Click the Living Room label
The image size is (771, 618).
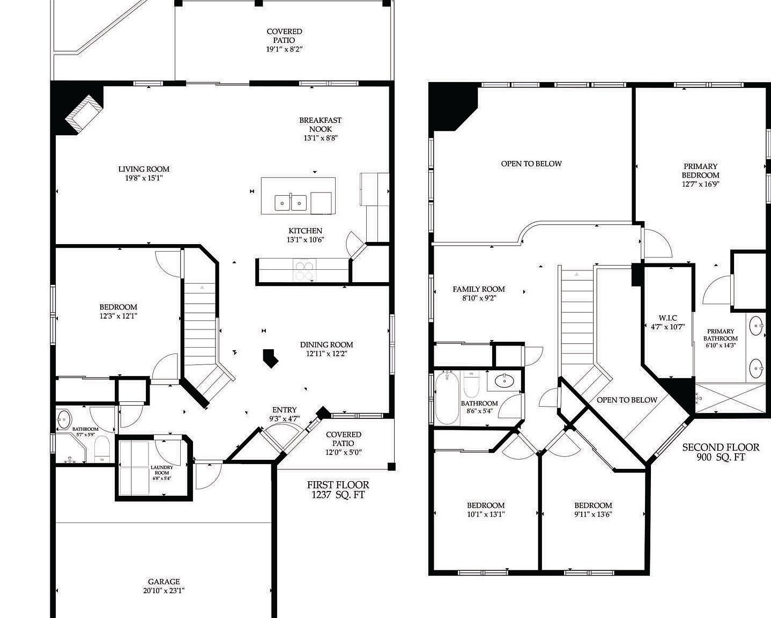(144, 170)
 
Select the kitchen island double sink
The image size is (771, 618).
(291, 203)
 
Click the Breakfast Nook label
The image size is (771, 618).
(320, 124)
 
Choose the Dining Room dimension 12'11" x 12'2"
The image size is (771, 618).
(327, 354)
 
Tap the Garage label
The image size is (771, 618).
(164, 582)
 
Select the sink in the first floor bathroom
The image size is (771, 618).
(64, 417)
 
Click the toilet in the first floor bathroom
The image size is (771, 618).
(101, 447)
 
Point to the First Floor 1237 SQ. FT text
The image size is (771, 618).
(338, 490)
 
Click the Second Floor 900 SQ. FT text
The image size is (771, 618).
(721, 452)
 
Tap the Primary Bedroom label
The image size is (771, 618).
(700, 171)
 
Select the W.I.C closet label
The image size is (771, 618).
(667, 318)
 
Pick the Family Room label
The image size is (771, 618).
(478, 289)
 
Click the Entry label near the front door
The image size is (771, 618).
(284, 410)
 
